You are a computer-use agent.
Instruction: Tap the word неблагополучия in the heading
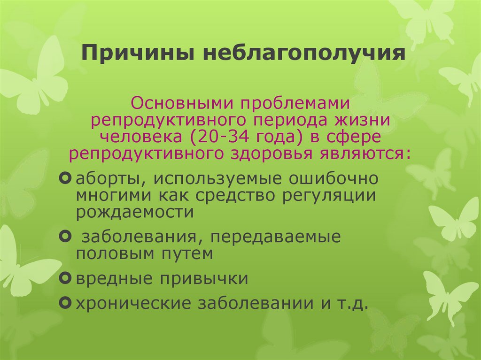(304, 53)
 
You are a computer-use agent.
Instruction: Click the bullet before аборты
(66, 179)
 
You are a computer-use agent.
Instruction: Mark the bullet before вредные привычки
(66, 278)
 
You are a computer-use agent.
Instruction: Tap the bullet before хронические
(66, 303)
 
